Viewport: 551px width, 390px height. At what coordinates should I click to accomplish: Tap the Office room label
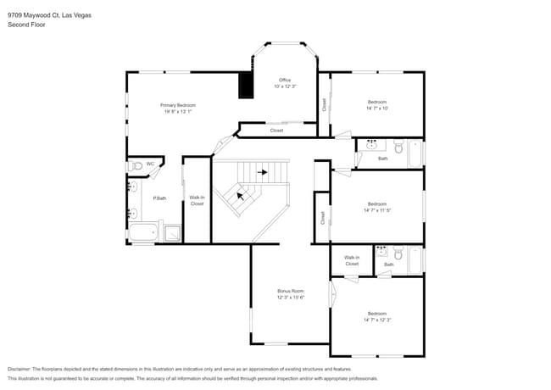(x=285, y=80)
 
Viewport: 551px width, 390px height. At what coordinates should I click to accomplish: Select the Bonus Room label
(x=290, y=291)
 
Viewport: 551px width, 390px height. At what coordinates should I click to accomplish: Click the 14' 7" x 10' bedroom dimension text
(x=376, y=108)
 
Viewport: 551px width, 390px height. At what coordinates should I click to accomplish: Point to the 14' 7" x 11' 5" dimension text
(x=377, y=209)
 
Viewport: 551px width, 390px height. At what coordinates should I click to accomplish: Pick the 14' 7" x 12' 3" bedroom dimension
(x=377, y=320)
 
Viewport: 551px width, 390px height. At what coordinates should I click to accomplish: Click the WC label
(x=150, y=164)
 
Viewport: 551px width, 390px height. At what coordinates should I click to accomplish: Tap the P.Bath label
(x=159, y=198)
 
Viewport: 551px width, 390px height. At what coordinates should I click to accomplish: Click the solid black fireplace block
(x=246, y=85)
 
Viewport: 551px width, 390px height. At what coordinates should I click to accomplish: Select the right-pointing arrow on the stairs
(x=263, y=172)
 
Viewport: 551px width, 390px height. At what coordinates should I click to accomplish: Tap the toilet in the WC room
(x=137, y=164)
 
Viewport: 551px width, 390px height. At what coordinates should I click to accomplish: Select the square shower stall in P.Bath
(x=172, y=232)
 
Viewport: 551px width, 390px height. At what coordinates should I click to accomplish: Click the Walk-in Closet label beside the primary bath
(x=197, y=200)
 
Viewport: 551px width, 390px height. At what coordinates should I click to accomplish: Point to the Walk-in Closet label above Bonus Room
(x=351, y=260)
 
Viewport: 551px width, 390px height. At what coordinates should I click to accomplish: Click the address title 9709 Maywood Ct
(x=37, y=15)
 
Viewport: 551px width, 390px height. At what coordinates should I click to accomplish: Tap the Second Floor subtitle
(x=26, y=25)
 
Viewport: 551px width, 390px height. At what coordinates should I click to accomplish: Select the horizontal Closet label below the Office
(x=276, y=131)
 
